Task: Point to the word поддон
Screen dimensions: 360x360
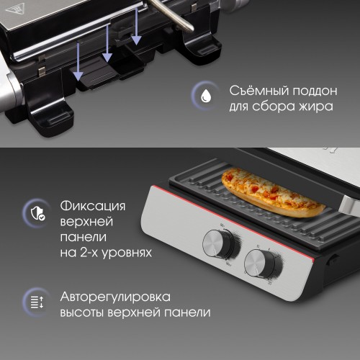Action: pos(314,91)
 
